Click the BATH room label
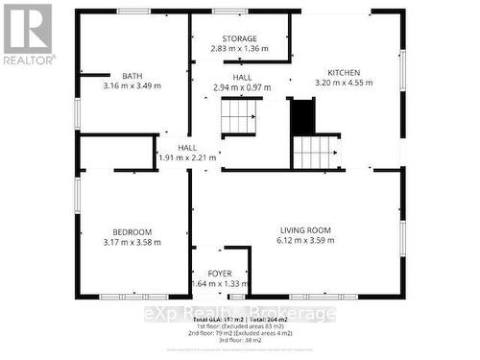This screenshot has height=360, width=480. point(132,76)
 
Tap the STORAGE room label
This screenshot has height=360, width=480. point(239,38)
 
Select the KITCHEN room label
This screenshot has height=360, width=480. point(346,73)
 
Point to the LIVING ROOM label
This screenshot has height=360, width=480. point(305,229)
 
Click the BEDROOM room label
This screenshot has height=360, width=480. point(132,231)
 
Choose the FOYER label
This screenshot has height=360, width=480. point(221,274)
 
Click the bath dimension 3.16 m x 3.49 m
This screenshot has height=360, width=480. point(132,86)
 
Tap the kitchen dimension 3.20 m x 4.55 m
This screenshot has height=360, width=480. point(346,84)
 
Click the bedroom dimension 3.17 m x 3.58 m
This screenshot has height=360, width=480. point(132,242)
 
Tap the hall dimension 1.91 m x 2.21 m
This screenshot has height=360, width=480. point(186,157)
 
